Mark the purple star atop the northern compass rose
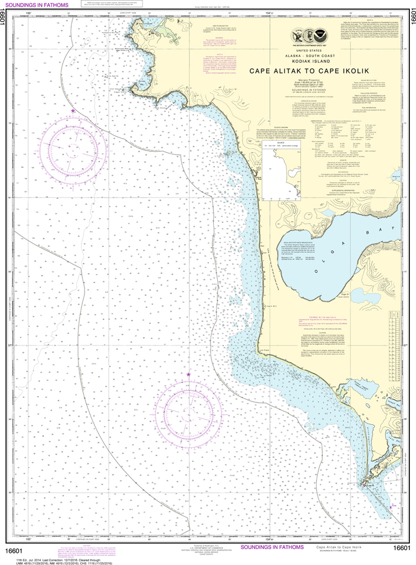pyautogui.click(x=73, y=111)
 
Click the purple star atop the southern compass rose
pyautogui.click(x=188, y=375)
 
